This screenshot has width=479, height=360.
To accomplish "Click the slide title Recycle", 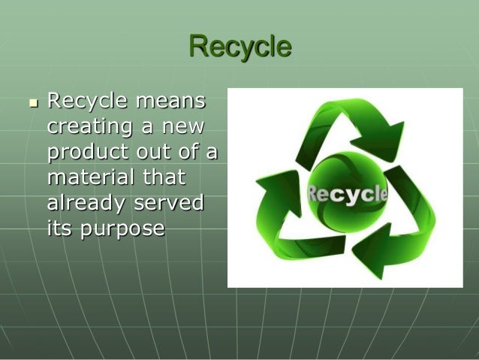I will click(x=239, y=47).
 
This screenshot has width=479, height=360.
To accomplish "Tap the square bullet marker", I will click(x=32, y=102).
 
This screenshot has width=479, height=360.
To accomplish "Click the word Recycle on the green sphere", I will click(x=347, y=195).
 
